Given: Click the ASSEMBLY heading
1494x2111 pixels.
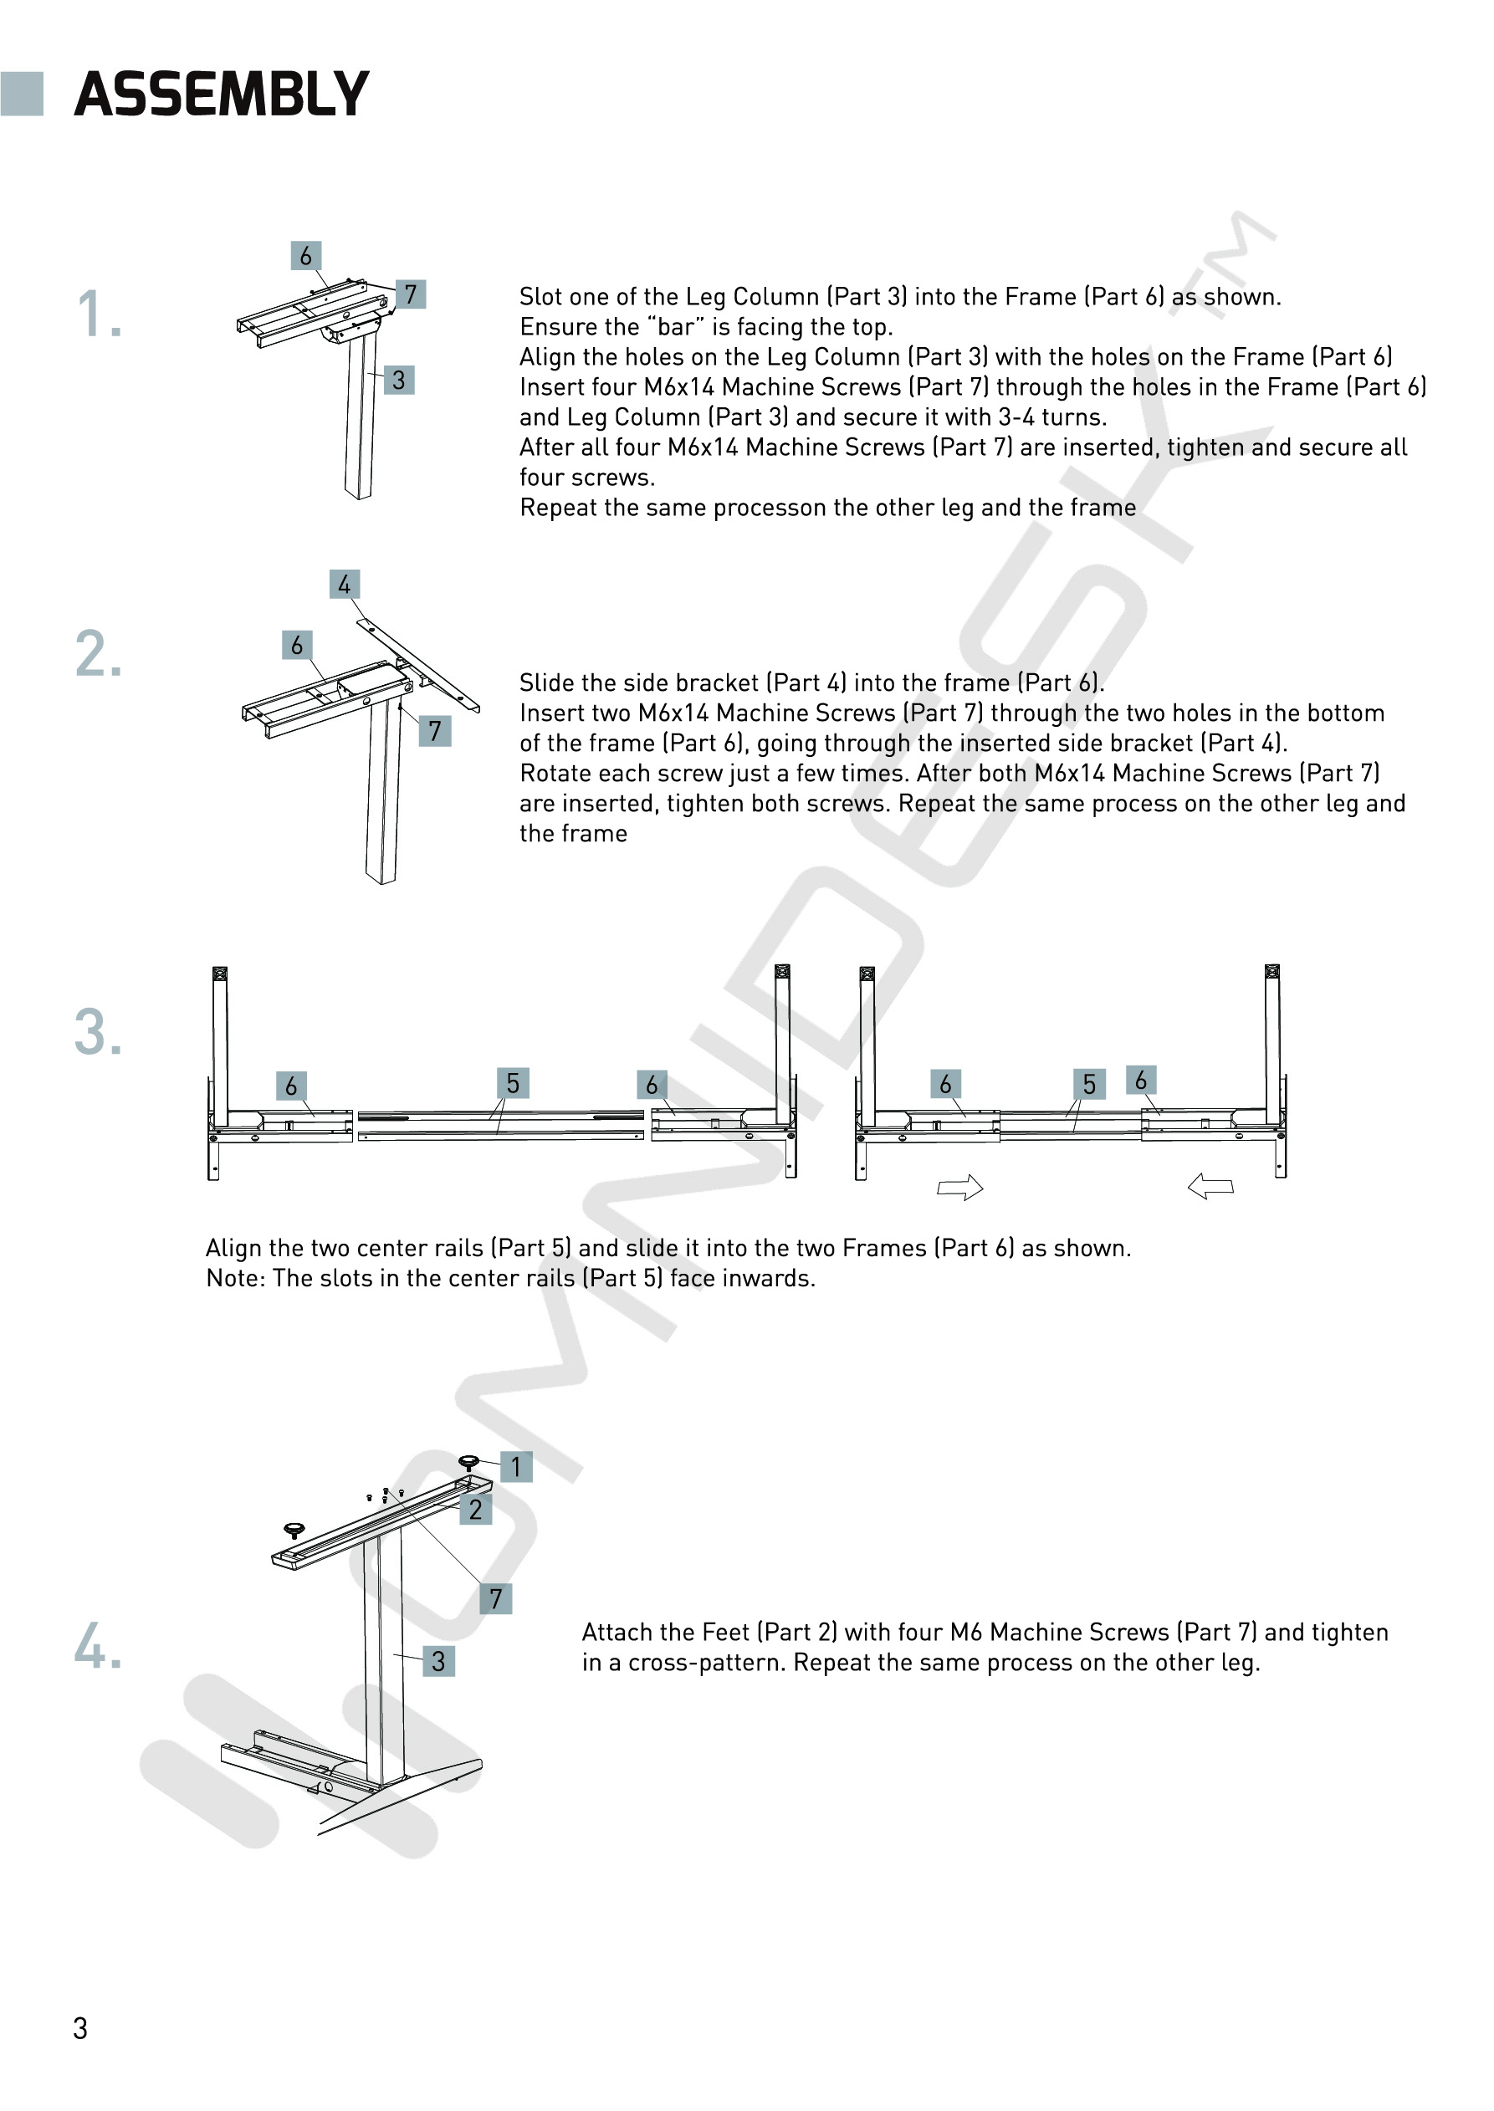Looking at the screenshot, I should (x=221, y=94).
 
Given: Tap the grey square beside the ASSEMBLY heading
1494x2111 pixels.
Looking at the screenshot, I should (x=22, y=94).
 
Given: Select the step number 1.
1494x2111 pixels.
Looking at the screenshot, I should (x=99, y=314).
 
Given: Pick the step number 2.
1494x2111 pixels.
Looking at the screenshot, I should (x=99, y=655).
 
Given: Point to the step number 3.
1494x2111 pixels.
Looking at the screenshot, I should (x=99, y=1032).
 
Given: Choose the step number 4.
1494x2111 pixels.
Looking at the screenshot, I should (x=99, y=1646).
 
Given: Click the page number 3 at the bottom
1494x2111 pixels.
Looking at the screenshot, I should (x=81, y=2028).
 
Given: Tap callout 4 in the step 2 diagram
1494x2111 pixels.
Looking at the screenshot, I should (x=344, y=584).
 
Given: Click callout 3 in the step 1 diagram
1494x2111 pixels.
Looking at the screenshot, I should (x=398, y=380).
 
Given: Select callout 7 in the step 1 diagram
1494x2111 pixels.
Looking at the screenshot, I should (x=410, y=294).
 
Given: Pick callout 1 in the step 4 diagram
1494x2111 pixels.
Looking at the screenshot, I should (x=516, y=1467).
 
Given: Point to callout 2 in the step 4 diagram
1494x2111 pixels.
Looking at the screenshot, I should (x=476, y=1510).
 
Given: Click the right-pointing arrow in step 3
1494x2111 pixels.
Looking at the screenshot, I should (x=959, y=1188).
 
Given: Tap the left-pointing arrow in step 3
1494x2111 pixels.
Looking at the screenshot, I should (x=1210, y=1187).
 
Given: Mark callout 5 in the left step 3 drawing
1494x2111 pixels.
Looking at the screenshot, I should (x=513, y=1084).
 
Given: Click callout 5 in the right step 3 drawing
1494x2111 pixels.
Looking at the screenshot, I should (x=1089, y=1085).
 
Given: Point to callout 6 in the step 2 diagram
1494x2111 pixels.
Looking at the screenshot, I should (x=296, y=646).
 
